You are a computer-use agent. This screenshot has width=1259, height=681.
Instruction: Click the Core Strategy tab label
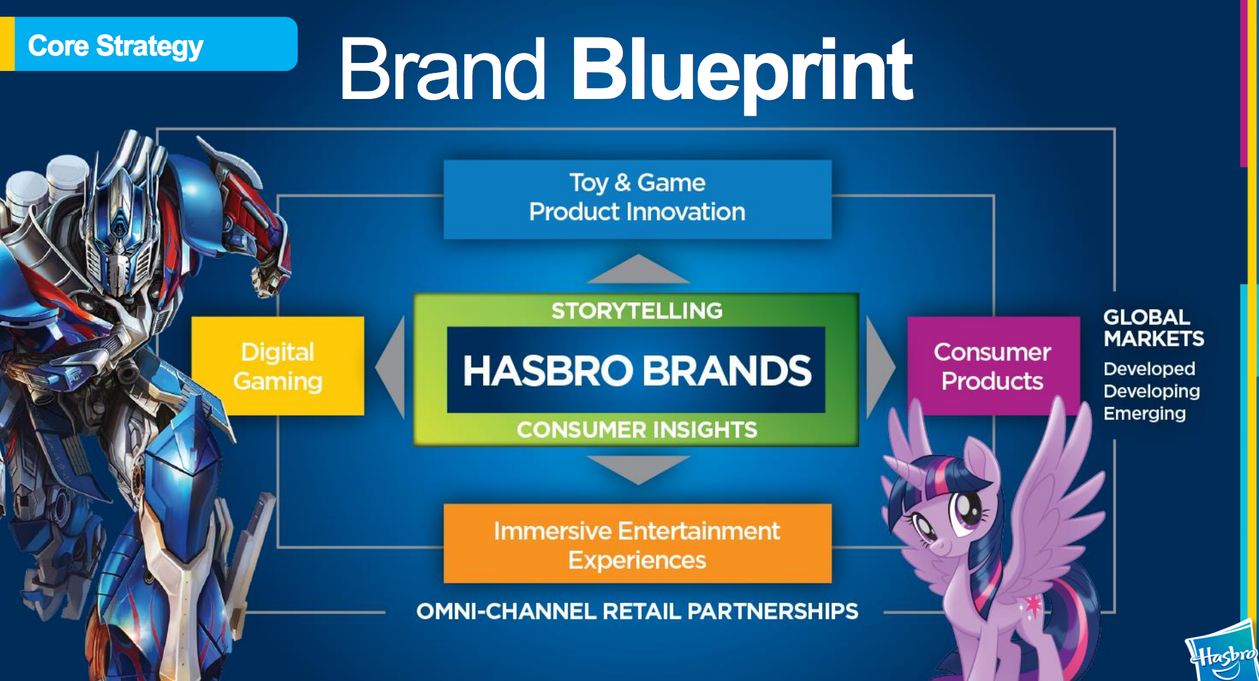[116, 46]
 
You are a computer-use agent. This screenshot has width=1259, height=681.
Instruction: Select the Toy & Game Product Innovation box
[638, 199]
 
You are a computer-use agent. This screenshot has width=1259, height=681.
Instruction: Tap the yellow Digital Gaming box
[278, 366]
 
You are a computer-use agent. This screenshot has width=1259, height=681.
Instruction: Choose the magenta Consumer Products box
[993, 366]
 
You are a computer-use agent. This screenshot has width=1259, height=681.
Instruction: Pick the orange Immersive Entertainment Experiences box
[638, 543]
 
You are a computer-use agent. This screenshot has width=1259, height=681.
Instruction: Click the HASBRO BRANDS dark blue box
[636, 370]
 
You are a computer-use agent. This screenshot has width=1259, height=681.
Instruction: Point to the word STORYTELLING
[637, 310]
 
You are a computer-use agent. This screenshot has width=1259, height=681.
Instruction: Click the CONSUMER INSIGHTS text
[637, 429]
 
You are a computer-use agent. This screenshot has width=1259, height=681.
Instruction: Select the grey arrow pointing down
[638, 468]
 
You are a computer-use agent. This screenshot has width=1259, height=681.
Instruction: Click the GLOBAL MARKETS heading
[1153, 328]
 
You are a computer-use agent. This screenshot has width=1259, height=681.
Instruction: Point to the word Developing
[1151, 391]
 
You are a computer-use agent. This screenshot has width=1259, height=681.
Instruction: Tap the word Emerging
[1145, 413]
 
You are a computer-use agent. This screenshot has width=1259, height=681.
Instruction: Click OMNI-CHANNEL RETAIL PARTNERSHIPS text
[637, 611]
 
